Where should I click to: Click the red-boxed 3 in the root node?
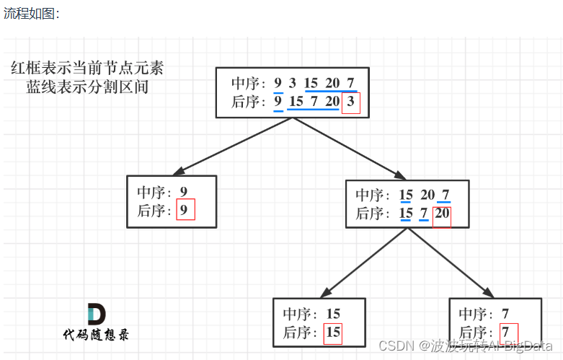coord(350,102)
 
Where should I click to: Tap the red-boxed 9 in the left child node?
coord(185,211)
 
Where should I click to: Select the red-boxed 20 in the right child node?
coord(441,214)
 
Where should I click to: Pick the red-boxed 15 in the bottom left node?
coord(332,333)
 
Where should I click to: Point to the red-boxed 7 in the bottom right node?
coord(508,333)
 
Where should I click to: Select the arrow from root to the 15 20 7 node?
coord(348,146)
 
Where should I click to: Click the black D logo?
coord(96,315)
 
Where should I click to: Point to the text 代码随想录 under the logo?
coord(96,335)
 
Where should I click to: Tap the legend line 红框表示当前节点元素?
coord(87,69)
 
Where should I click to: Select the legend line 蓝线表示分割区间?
coord(87,87)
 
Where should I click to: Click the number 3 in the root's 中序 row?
coord(292,83)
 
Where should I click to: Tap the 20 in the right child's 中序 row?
coord(427,195)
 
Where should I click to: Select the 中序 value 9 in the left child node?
coord(184,193)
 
